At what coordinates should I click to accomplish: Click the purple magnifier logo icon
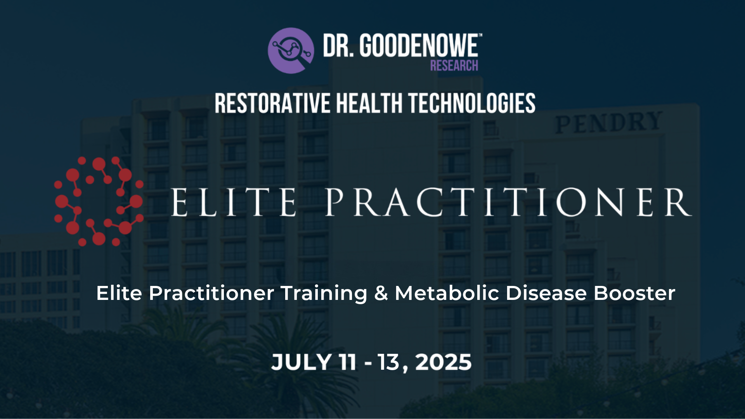point(291,50)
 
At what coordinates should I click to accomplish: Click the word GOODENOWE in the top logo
point(419,46)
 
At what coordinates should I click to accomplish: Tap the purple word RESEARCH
point(454,66)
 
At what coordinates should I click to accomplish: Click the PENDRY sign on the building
point(608,122)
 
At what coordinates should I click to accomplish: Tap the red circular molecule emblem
point(99,201)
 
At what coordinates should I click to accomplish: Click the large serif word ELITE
point(234,202)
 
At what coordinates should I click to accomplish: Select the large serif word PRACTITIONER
point(508,202)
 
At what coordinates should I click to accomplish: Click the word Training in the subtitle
point(324,293)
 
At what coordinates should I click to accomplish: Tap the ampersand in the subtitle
point(381,293)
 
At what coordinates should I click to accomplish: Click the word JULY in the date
point(301,362)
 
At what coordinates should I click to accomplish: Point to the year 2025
point(444,362)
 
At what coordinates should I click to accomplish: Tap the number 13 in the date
point(388,362)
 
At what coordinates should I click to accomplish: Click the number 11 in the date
point(347,362)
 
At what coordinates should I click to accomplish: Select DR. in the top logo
point(338,46)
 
